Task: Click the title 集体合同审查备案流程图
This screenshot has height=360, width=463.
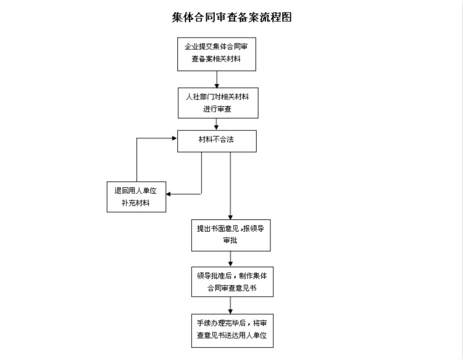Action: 231,17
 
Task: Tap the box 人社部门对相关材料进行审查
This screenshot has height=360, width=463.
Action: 217,103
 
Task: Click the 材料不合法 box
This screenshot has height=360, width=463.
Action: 217,140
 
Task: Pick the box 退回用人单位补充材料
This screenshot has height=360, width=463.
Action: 136,196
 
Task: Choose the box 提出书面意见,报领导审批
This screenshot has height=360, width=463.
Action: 230,234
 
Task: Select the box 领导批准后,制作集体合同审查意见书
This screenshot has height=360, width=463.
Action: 231,282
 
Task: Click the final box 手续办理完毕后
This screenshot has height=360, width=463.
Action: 231,330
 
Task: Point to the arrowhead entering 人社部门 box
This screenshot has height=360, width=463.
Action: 217,85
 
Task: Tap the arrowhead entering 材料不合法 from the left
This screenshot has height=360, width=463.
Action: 175,138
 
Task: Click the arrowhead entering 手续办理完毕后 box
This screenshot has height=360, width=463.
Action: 230,311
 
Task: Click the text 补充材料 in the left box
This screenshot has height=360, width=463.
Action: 136,203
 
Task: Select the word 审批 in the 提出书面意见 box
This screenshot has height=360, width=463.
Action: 230,241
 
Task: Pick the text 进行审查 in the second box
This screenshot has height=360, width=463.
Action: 217,109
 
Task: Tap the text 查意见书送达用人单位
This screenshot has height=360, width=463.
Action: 231,337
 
